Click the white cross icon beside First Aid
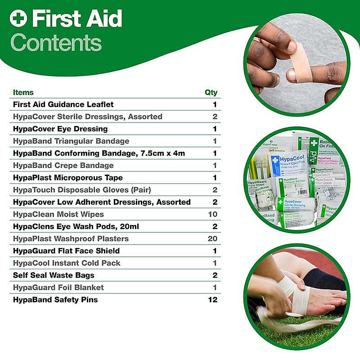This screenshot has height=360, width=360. click(19, 18)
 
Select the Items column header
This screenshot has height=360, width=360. click(23, 92)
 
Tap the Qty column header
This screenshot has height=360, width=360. click(211, 92)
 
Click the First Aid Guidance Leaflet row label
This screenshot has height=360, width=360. click(63, 104)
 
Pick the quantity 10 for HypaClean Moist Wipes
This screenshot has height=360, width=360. click(212, 214)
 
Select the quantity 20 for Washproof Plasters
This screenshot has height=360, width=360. click(212, 238)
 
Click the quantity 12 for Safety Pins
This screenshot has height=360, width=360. click(212, 299)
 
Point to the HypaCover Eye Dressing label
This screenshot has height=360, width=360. click(60, 129)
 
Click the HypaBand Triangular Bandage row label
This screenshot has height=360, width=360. click(71, 141)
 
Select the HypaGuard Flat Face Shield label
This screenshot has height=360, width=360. click(66, 251)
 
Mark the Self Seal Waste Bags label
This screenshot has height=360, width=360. click(54, 275)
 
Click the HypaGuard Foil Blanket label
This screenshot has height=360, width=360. click(58, 287)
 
